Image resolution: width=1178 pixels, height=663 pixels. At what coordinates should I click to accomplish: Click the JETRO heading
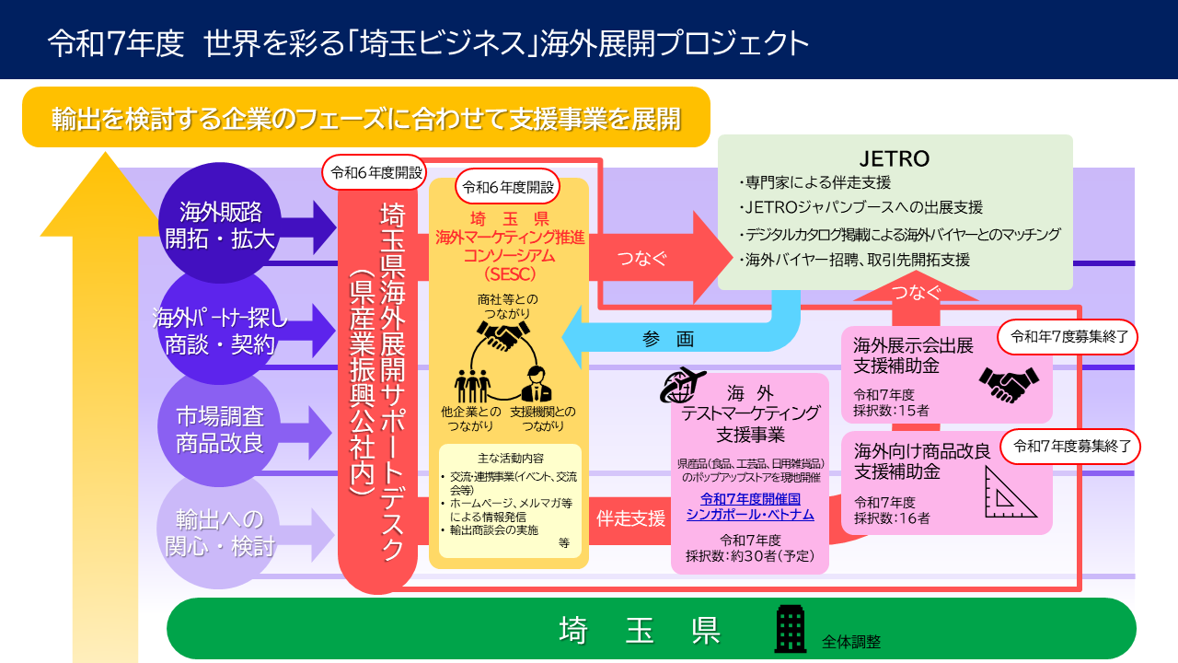[x=895, y=159]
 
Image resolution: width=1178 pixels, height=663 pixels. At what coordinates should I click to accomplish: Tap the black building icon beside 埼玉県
[x=791, y=628]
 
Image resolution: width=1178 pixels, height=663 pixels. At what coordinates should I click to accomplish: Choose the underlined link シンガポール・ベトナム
[x=750, y=514]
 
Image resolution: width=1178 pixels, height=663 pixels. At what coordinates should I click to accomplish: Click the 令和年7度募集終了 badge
[x=1068, y=336]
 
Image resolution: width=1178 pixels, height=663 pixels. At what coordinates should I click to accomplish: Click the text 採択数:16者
[x=891, y=518]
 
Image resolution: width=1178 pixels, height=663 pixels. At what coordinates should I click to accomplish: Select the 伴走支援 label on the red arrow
[x=630, y=518]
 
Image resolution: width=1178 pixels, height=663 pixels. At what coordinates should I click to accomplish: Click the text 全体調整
[x=851, y=641]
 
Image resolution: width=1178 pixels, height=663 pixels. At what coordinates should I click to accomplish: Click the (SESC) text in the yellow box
[x=509, y=273]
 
